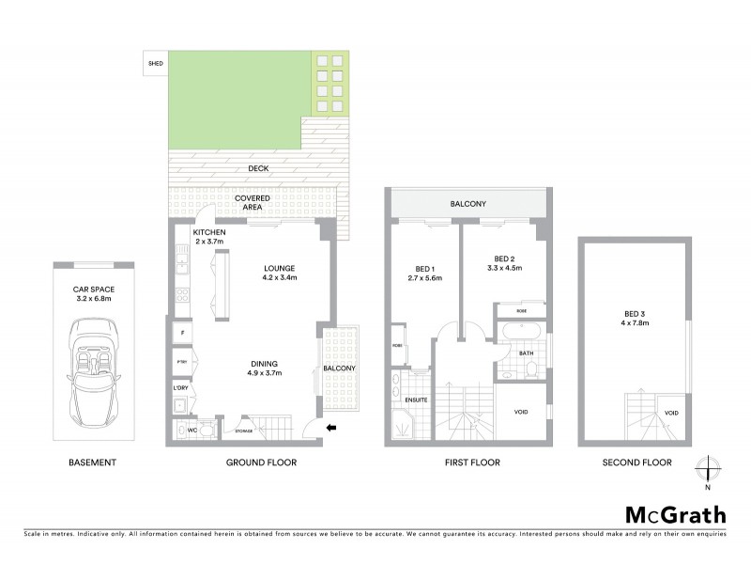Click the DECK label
click(257, 169)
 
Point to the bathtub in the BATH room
click(517, 333)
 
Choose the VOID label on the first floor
click(522, 413)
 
